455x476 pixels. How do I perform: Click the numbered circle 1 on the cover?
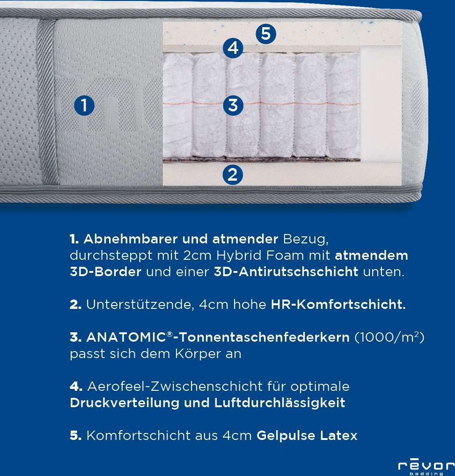coord(84,106)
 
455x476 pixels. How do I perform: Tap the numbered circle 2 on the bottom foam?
coord(232,174)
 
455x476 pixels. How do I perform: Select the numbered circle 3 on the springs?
coord(233,105)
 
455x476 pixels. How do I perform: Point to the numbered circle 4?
coord(233,48)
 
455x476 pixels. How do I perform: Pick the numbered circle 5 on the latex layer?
coord(265,34)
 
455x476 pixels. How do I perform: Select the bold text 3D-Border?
coord(106,272)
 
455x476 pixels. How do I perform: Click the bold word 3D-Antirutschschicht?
coord(286,272)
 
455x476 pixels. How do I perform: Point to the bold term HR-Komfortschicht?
coord(338,305)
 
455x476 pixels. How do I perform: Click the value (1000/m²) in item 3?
coord(389,337)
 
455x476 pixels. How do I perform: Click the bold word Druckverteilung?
coord(125,403)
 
